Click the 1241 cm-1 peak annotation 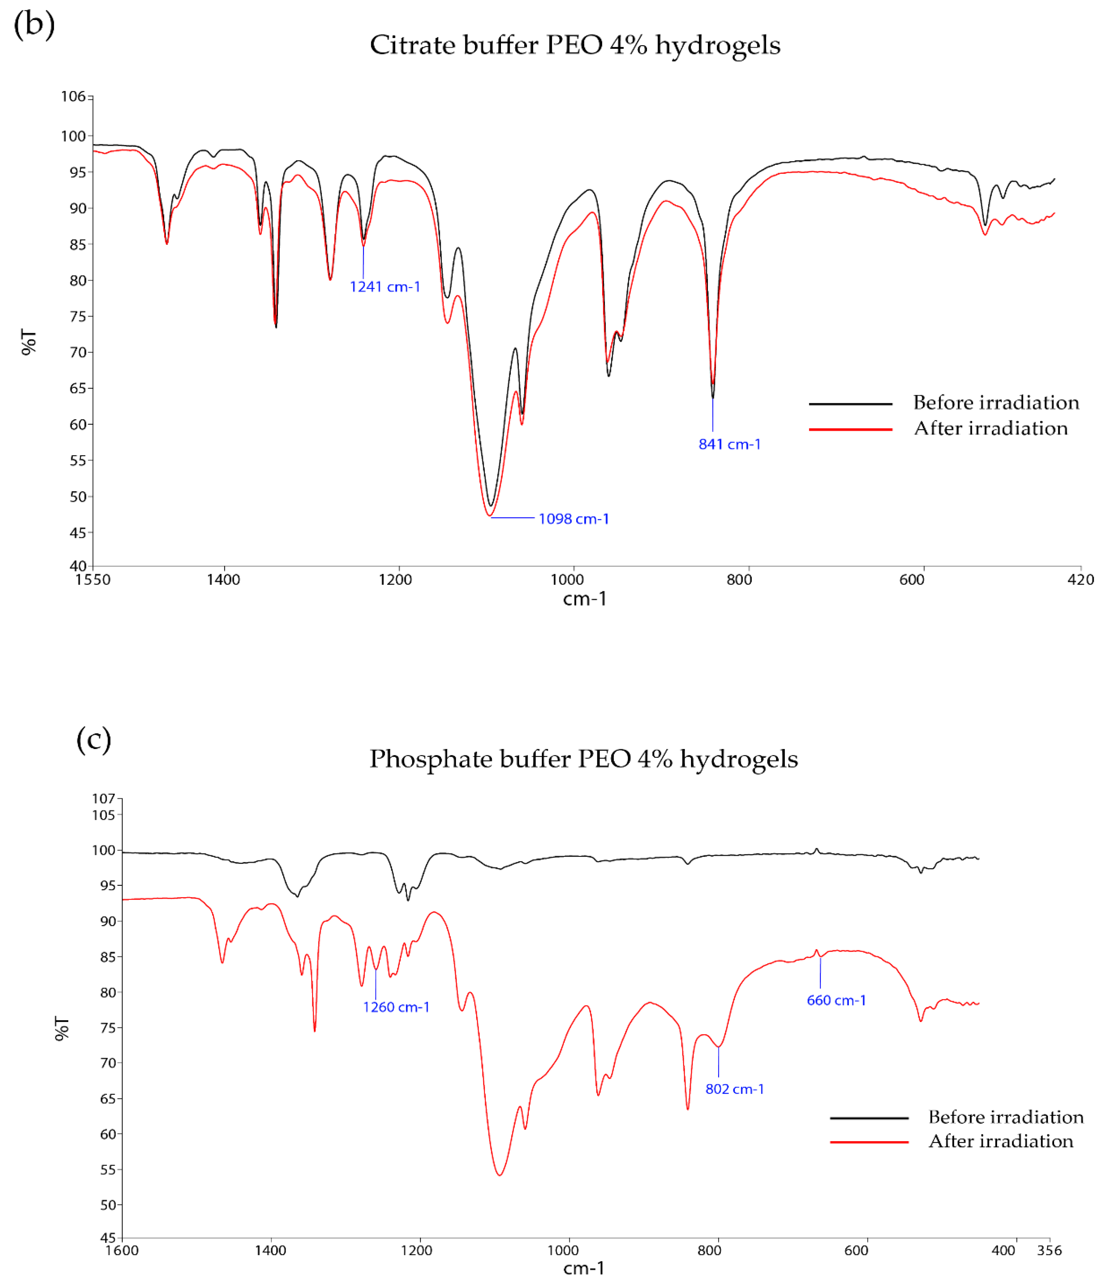click(x=385, y=287)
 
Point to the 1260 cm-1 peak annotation click(x=396, y=1007)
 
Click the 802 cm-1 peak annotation click(x=734, y=1089)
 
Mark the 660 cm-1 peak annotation click(x=836, y=1000)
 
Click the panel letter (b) click(x=34, y=25)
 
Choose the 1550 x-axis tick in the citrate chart click(x=93, y=580)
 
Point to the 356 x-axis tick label click(x=1049, y=1251)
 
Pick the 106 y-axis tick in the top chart click(x=73, y=96)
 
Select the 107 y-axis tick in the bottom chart click(x=104, y=798)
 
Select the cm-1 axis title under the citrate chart click(x=584, y=599)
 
